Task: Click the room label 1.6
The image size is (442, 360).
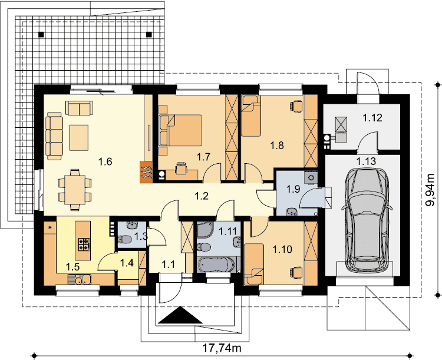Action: point(105,161)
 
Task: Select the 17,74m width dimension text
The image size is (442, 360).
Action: point(222,348)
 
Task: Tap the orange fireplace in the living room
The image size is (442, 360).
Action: point(146,172)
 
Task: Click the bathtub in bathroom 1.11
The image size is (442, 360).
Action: point(216,265)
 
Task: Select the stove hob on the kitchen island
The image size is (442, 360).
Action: point(84,245)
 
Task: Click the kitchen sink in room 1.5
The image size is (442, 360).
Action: point(78,280)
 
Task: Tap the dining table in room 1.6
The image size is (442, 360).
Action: point(74,190)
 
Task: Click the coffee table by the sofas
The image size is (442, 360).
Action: point(79,138)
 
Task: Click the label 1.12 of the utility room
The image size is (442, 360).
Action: point(372,118)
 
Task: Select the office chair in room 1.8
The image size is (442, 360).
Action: point(296,106)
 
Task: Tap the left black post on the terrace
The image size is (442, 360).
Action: point(41,34)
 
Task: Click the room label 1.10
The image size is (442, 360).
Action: point(282,249)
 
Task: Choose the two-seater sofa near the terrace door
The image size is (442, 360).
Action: point(79,108)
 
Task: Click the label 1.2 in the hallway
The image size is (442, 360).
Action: point(202,196)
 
